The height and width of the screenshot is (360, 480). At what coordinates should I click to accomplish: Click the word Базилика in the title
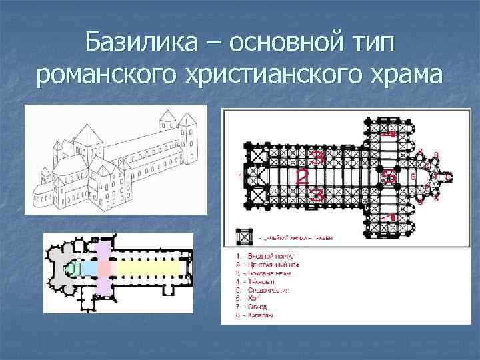point(139,44)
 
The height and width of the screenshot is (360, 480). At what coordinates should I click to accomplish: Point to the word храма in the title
point(399,76)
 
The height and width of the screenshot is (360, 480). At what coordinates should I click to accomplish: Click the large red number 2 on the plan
point(301,177)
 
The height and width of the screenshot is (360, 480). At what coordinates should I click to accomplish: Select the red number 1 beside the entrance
point(239,177)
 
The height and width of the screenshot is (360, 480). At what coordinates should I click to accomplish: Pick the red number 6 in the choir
point(413,176)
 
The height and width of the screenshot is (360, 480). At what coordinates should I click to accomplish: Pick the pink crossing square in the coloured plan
point(104,268)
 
